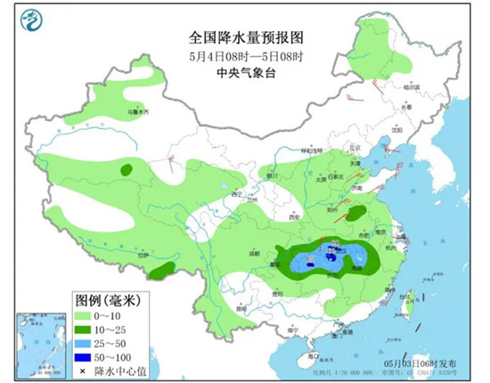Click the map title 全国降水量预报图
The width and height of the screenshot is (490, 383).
tap(247, 37)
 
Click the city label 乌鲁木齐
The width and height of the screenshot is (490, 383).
tap(135, 112)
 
